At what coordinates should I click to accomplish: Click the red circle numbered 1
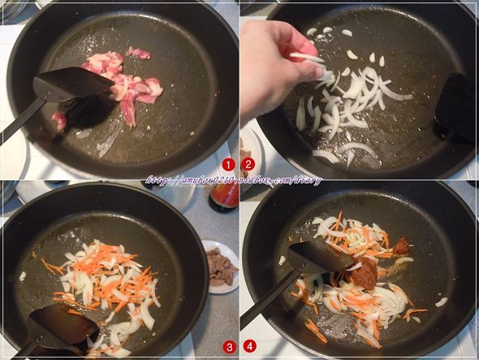(x=228, y=164)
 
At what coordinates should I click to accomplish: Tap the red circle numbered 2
(x=249, y=164)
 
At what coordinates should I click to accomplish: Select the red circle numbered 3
(x=228, y=347)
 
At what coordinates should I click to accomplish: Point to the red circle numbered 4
(x=249, y=347)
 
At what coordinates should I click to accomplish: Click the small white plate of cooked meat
(x=220, y=265)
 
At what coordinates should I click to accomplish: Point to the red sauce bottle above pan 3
(x=224, y=196)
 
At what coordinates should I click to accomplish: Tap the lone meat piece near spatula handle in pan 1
(x=59, y=121)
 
